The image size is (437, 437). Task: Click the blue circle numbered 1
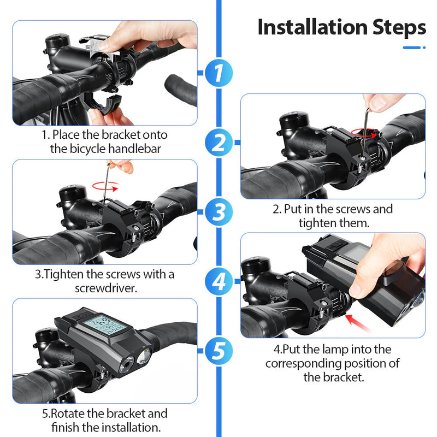(219, 73)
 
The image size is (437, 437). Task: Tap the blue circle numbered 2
(219, 143)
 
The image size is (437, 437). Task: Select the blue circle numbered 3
(219, 212)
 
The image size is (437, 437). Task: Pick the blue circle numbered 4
(219, 281)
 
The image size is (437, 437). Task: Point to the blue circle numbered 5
(219, 351)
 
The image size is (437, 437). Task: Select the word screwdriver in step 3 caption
(106, 288)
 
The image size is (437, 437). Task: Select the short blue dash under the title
(411, 48)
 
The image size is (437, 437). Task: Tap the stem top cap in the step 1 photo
(57, 40)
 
